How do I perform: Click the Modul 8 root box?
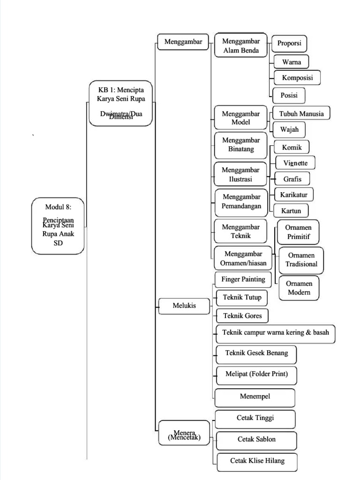pyautogui.click(x=58, y=225)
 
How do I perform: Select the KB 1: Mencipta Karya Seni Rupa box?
pyautogui.click(x=121, y=103)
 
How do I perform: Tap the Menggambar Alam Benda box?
pyautogui.click(x=241, y=46)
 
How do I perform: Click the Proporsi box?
pyautogui.click(x=289, y=43)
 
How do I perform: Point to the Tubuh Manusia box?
pyautogui.click(x=301, y=113)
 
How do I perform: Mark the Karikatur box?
pyautogui.click(x=293, y=194)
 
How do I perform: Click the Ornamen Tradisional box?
pyautogui.click(x=301, y=260)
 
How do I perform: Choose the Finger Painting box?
pyautogui.click(x=243, y=279)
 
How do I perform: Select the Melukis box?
pyautogui.click(x=184, y=306)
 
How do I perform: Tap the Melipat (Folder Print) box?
pyautogui.click(x=256, y=375)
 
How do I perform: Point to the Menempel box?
pyautogui.click(x=255, y=397)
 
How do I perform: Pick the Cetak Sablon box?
pyautogui.click(x=256, y=440)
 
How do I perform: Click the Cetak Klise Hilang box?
pyautogui.click(x=257, y=461)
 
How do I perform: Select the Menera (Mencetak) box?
pyautogui.click(x=184, y=433)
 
